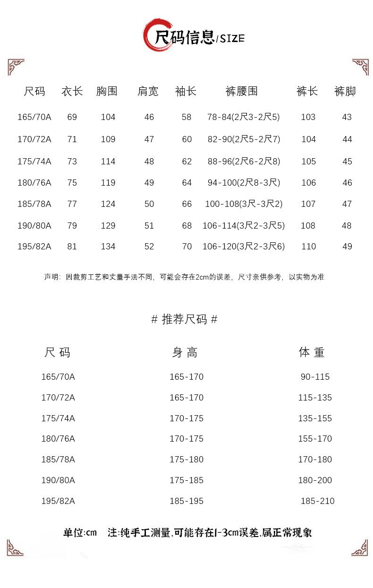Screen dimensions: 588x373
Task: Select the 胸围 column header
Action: [107, 91]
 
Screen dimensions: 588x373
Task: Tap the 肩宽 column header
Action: [148, 91]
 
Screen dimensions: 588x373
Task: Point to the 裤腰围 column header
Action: [242, 91]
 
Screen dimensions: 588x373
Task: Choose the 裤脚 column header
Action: [345, 91]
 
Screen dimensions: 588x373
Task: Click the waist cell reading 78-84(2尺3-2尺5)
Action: [243, 117]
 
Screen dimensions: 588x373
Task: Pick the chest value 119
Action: [108, 183]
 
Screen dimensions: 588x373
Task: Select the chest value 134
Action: [108, 247]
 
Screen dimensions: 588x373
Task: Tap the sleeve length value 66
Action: [187, 204]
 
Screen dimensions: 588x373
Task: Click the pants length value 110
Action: [308, 247]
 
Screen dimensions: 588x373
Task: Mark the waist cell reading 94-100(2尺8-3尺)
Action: [244, 183]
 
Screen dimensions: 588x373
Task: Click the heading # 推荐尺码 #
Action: [185, 319]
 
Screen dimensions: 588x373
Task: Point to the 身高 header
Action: [185, 352]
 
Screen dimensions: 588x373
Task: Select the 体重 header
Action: [312, 352]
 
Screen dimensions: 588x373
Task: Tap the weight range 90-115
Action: [315, 377]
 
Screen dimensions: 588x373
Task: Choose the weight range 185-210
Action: [317, 501]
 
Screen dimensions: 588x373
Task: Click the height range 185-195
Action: [186, 501]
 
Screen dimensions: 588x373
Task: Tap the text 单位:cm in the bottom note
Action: [80, 533]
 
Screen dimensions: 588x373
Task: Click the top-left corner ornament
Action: [16, 67]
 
